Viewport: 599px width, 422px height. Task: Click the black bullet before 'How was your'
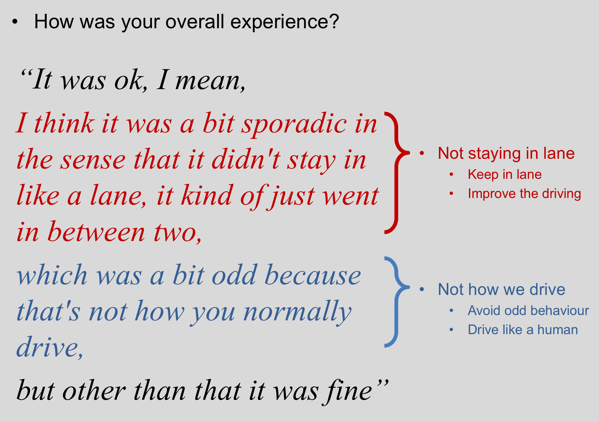[x=15, y=22]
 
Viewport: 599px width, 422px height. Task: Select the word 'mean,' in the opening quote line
[x=210, y=81]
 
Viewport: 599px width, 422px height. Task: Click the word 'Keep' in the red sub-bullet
[x=483, y=174]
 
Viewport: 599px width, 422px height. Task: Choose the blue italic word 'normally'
[x=298, y=312]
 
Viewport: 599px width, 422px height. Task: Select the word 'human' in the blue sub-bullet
[x=557, y=330]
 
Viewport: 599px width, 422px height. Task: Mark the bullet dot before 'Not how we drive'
[x=422, y=289]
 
